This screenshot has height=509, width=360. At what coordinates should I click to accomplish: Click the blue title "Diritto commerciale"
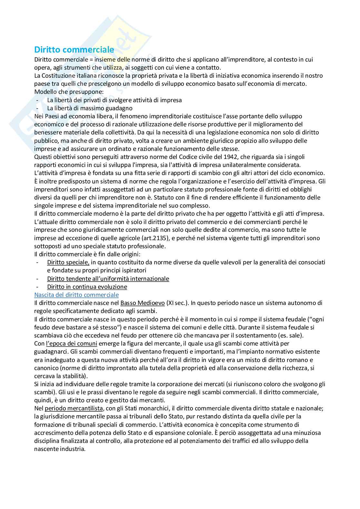click(74, 50)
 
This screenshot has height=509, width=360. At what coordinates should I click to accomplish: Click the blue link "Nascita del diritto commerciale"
click(76, 295)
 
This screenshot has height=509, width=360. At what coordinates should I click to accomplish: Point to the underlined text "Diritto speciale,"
click(68, 262)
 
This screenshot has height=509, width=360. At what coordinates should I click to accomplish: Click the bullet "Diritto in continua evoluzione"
click(87, 287)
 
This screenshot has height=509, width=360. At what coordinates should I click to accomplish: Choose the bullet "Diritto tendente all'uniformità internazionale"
click(108, 279)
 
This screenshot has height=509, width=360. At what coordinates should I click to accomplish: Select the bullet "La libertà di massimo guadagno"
click(90, 108)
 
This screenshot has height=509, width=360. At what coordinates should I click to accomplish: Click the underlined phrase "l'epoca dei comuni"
click(72, 344)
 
